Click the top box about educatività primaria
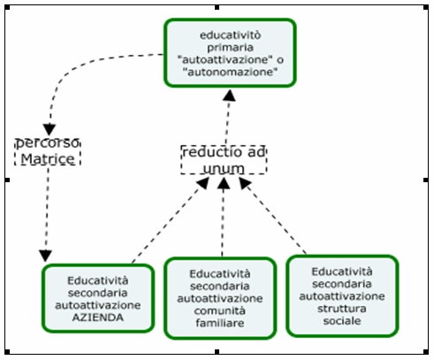click(230, 53)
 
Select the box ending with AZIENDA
click(98, 298)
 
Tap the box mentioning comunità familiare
click(220, 298)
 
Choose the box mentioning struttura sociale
click(342, 296)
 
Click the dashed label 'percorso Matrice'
click(48, 151)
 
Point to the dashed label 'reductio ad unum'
click(224, 160)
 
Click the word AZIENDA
click(98, 318)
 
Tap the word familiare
click(220, 323)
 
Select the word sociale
click(342, 321)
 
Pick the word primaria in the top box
click(230, 48)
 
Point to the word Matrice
click(48, 159)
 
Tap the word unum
click(224, 169)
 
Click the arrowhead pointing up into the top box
click(229, 96)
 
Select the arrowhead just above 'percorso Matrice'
click(49, 130)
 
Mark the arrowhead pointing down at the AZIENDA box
click(45, 256)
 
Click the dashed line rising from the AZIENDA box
click(167, 224)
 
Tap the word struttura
click(342, 309)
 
